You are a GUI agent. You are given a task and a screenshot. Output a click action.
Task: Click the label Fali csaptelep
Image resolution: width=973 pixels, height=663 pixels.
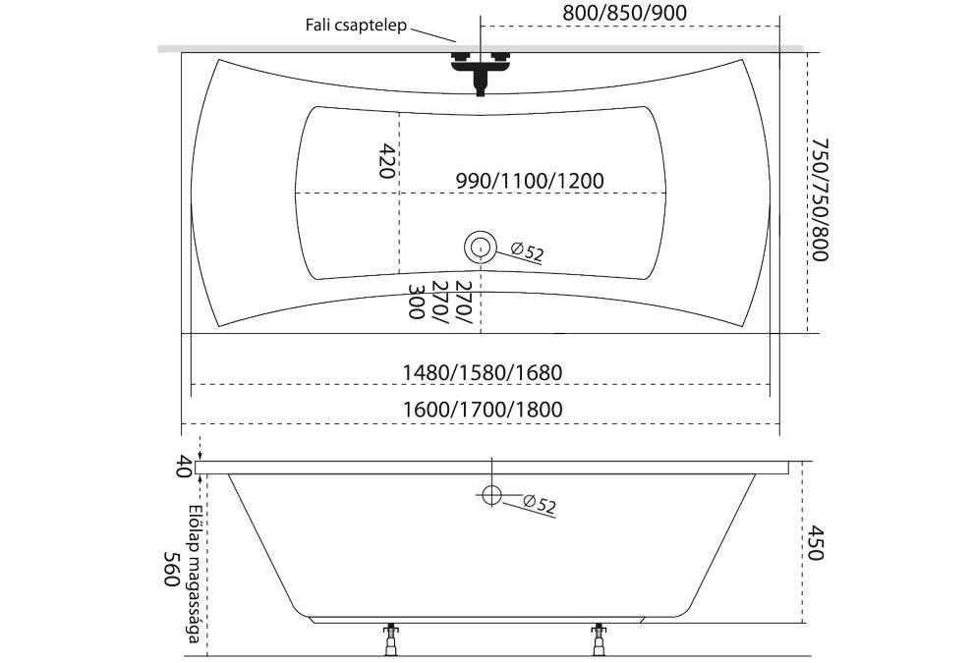click(x=356, y=26)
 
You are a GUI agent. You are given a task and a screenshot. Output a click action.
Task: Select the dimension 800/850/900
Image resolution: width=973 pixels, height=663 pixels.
click(x=624, y=13)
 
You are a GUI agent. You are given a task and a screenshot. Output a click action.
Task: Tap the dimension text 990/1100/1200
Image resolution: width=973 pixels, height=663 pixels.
click(x=530, y=181)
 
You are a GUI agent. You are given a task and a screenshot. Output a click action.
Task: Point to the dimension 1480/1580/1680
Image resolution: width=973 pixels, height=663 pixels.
click(x=483, y=372)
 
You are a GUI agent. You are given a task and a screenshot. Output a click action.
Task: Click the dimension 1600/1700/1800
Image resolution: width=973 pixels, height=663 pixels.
click(x=483, y=410)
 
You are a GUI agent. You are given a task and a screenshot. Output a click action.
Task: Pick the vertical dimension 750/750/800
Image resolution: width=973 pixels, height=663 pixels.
click(x=820, y=199)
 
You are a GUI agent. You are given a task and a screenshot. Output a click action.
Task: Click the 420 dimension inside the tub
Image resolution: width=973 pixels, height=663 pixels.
click(x=387, y=161)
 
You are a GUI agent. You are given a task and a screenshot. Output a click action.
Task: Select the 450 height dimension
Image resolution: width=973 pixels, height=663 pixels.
click(x=816, y=543)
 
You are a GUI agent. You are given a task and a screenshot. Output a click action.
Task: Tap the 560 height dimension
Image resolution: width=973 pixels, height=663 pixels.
click(x=172, y=569)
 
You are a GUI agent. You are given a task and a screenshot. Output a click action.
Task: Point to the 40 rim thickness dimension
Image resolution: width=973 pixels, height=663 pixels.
click(x=183, y=467)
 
